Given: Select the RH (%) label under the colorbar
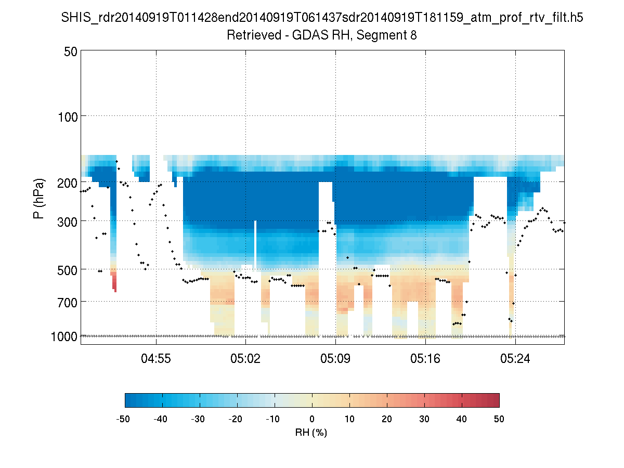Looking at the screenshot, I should [311, 432].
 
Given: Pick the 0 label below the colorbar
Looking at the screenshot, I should [312, 419].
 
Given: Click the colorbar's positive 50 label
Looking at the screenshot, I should [499, 419].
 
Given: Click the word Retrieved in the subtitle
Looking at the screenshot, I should [249, 35].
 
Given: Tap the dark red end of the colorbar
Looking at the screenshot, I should [495, 400].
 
